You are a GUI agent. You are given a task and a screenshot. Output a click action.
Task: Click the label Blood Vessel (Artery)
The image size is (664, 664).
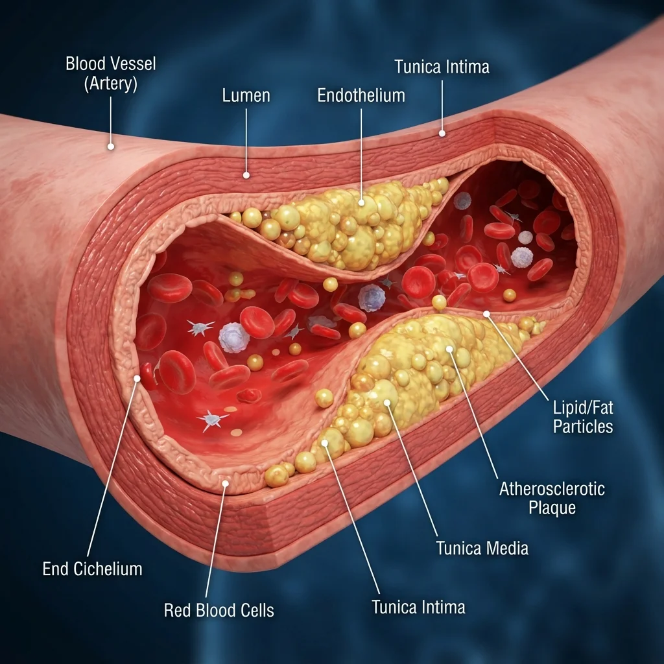[x=111, y=74]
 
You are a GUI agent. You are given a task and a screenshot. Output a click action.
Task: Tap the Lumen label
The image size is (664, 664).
[x=246, y=95]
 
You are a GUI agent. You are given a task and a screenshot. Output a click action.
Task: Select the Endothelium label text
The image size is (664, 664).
[x=361, y=95]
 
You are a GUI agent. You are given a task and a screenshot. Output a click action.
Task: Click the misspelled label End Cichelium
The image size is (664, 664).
[x=92, y=569]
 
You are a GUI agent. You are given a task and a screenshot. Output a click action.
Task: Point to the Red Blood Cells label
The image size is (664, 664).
[x=219, y=610]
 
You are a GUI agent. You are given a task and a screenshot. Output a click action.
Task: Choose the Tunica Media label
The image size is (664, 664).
[x=482, y=548]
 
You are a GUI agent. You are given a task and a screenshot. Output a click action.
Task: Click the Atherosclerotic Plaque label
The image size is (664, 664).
[x=552, y=498]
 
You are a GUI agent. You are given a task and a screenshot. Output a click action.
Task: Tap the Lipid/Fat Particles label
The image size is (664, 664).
[x=583, y=417]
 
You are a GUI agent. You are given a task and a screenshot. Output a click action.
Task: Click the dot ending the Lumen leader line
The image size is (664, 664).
[x=246, y=175]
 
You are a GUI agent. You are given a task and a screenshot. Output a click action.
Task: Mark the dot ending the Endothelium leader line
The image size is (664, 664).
[x=361, y=202]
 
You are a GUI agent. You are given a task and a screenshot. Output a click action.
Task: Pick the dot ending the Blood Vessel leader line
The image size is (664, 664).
[x=111, y=147]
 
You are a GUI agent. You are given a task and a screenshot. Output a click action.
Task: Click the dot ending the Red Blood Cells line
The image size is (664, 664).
[x=225, y=483]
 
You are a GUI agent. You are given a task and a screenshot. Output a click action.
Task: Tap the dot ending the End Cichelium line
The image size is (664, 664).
[x=137, y=378]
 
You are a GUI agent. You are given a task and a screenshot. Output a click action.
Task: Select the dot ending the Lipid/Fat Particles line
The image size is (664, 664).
[x=486, y=314]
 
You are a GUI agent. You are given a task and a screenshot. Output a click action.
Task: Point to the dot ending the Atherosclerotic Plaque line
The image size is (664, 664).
[x=449, y=349]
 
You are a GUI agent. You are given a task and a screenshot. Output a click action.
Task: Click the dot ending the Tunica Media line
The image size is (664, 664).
[x=387, y=402]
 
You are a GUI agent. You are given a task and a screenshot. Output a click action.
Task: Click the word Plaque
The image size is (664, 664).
[x=552, y=507]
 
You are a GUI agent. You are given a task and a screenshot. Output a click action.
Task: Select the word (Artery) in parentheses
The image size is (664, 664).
[x=111, y=84]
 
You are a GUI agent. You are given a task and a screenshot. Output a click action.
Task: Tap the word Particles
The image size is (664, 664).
[x=583, y=427]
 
